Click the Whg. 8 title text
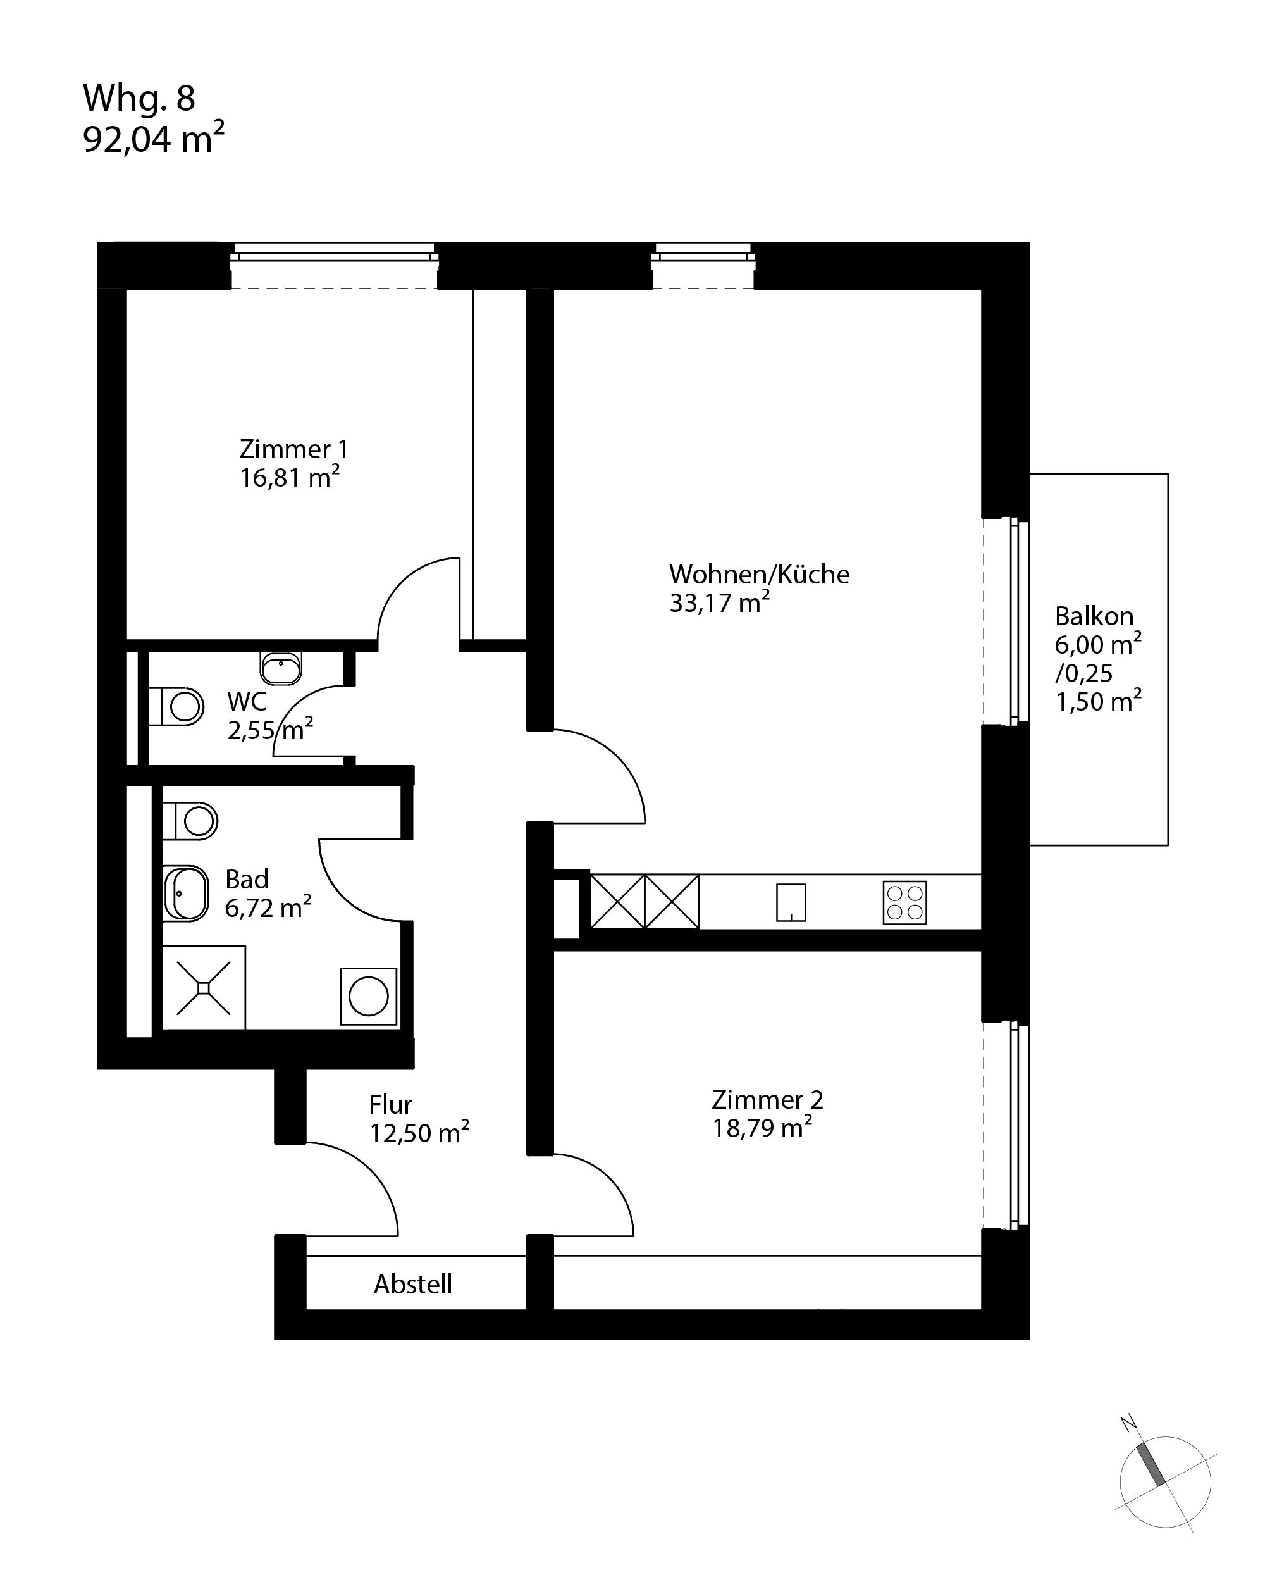coord(139,97)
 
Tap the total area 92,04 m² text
coord(153,138)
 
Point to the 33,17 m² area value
coord(719,602)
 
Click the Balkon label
coord(1094,616)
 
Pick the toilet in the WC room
coord(176,707)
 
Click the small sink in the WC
coord(281,668)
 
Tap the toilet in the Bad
coord(190,821)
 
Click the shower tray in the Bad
coord(203,988)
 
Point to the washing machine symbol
coord(368,996)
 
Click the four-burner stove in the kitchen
coord(904,902)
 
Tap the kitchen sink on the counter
coord(791,902)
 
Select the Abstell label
coord(413,1283)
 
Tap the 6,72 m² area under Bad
coord(268,907)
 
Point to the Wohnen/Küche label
coord(759,574)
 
